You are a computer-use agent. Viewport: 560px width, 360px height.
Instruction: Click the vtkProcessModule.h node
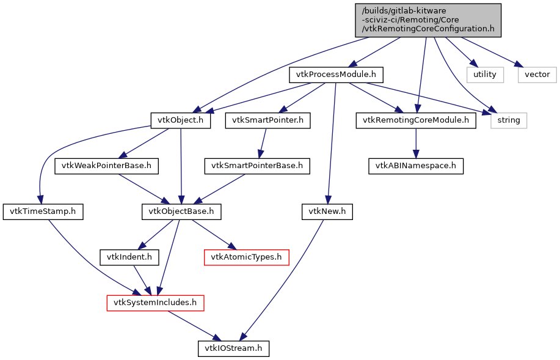tap(335, 75)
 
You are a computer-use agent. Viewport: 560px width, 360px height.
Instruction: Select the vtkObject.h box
tap(181, 120)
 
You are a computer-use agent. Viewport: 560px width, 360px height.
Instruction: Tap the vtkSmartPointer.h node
tap(267, 120)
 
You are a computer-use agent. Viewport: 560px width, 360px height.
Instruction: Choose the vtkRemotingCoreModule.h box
tap(415, 120)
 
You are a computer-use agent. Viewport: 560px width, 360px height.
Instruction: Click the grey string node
tap(508, 120)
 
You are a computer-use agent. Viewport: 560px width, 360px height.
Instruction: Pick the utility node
tap(485, 75)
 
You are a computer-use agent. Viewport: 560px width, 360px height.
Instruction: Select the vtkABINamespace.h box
tap(415, 166)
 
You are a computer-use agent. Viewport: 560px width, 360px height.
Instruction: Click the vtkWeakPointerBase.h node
tap(107, 166)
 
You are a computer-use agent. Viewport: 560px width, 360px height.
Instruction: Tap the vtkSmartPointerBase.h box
tap(257, 166)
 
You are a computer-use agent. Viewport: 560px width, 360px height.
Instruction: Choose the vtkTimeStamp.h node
tap(43, 211)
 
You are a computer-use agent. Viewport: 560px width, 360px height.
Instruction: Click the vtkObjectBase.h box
tap(181, 211)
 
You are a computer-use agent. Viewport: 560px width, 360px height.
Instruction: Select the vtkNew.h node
tap(327, 211)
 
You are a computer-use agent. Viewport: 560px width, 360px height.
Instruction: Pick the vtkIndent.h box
tap(129, 257)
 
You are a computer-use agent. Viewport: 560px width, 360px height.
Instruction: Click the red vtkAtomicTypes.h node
tap(246, 257)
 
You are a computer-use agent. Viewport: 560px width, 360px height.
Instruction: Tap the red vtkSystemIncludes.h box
tap(155, 303)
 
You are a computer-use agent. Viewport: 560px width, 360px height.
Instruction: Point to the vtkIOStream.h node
tap(233, 348)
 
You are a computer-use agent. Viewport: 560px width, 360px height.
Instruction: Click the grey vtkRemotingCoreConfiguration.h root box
tap(428, 20)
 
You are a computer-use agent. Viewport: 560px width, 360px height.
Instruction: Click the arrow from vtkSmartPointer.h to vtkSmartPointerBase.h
tap(263, 143)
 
